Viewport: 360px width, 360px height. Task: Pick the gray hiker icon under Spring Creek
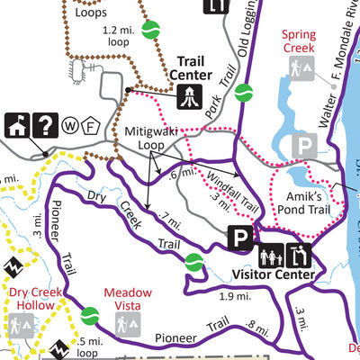click(299, 67)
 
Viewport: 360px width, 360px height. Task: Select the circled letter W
click(73, 125)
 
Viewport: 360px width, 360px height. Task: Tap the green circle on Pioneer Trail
click(88, 316)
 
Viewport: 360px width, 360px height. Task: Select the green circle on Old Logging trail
click(243, 91)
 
